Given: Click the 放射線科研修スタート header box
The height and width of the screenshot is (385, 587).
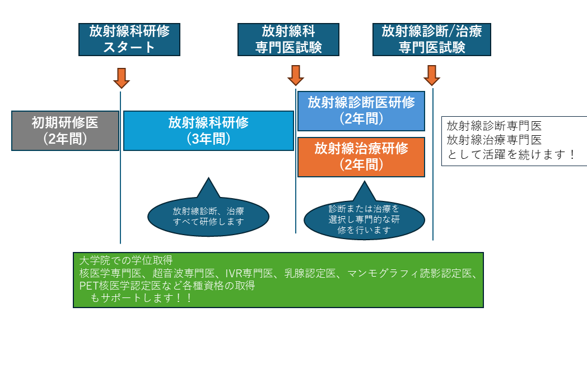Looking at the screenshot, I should click(129, 39).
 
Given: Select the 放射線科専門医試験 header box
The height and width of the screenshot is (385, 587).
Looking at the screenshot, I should click(288, 39).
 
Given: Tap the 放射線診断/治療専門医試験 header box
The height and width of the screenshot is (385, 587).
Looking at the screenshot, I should click(432, 39).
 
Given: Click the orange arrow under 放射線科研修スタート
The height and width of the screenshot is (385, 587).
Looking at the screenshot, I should click(122, 77).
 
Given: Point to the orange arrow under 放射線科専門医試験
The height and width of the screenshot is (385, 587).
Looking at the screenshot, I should click(296, 75).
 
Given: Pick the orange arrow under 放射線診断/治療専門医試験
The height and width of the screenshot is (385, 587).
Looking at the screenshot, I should click(432, 75).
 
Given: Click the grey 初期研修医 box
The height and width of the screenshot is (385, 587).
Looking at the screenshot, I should click(66, 131).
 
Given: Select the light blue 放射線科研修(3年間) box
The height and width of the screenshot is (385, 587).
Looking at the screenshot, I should click(208, 131).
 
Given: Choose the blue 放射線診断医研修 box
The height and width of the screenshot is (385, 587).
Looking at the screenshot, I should click(361, 111).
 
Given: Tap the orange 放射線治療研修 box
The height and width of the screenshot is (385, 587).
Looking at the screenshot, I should click(361, 157).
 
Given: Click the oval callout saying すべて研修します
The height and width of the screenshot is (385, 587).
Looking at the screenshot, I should click(208, 216).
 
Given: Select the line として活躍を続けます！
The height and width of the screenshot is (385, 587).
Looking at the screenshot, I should click(511, 154).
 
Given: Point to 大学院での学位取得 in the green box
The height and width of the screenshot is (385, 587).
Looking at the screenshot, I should click(126, 261).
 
